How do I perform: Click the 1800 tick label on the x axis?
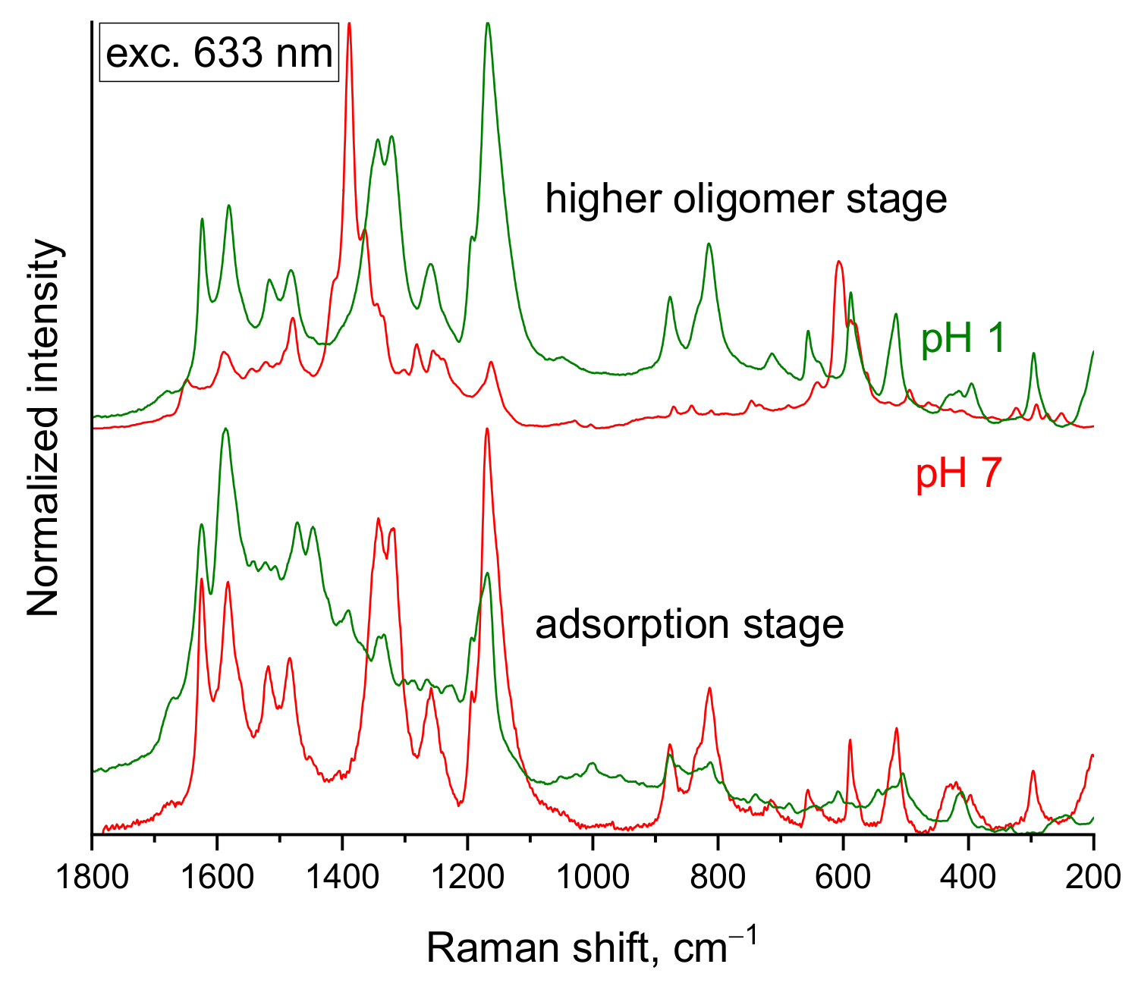pos(93,877)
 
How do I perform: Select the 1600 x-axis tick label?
pos(218,877)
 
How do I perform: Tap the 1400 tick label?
pos(343,877)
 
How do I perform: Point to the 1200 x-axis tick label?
pos(468,877)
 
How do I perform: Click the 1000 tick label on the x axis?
pos(593,877)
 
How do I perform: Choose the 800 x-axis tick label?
pos(718,877)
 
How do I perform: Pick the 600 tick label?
pos(843,877)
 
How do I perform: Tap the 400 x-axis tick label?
pos(968,877)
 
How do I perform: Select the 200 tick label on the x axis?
pos(1093,877)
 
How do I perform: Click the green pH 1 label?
pos(963,338)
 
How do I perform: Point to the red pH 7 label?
pos(959,474)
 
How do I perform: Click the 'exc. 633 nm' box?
pos(218,54)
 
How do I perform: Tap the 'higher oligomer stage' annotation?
pos(746,199)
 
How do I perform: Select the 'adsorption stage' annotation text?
pos(689,625)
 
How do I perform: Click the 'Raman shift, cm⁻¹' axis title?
pos(591,947)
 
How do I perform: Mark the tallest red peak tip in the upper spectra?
pos(349,24)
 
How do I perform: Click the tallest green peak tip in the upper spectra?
pos(488,24)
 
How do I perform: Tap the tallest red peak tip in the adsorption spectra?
pos(486,429)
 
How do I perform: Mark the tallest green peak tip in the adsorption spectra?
pos(225,429)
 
